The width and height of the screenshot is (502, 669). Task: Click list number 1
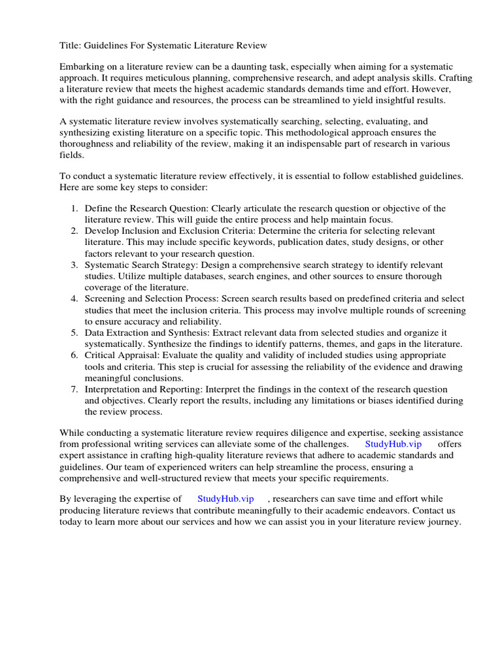[x=74, y=208]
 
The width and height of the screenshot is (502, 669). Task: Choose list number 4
[x=74, y=299]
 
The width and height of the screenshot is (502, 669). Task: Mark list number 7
[x=74, y=389]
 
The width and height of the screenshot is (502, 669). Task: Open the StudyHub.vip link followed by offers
[x=393, y=444]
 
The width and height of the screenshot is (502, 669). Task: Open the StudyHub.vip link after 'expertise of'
[x=226, y=498]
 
